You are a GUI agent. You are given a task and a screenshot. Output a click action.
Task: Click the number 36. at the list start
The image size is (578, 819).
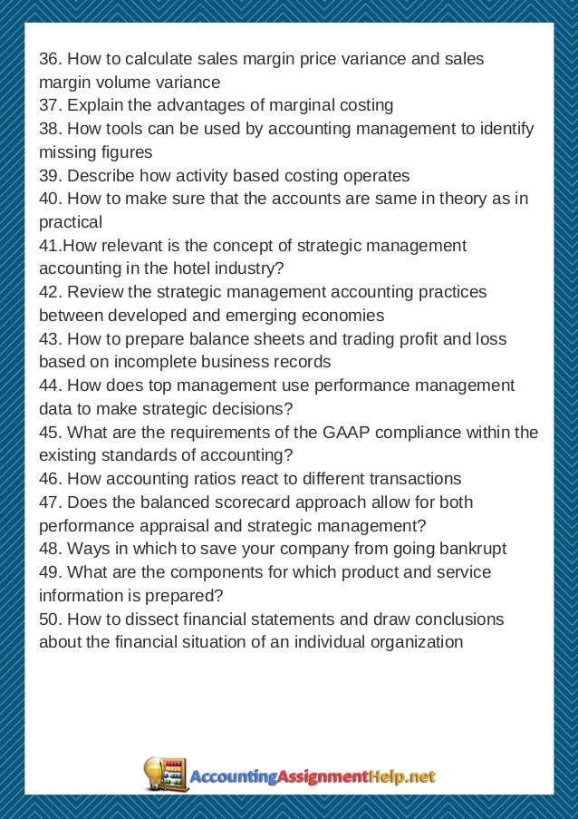click(50, 58)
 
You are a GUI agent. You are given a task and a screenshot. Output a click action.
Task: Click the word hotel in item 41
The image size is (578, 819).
click(199, 268)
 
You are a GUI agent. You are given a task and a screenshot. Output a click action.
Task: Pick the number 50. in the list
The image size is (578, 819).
click(50, 619)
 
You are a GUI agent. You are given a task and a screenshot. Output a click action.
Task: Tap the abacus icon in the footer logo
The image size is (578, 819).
click(169, 776)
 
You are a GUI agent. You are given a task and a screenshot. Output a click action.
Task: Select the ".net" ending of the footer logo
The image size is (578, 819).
click(421, 777)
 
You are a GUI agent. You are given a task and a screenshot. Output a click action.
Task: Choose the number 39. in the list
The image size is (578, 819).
click(50, 175)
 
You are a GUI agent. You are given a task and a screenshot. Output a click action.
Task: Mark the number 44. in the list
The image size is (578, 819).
click(50, 385)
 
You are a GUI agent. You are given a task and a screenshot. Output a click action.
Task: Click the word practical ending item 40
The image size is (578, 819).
click(71, 222)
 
